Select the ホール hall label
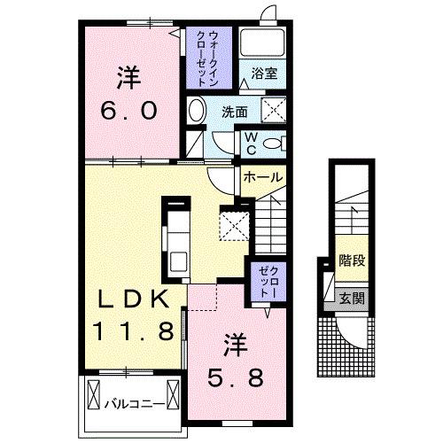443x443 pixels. point(263,178)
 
